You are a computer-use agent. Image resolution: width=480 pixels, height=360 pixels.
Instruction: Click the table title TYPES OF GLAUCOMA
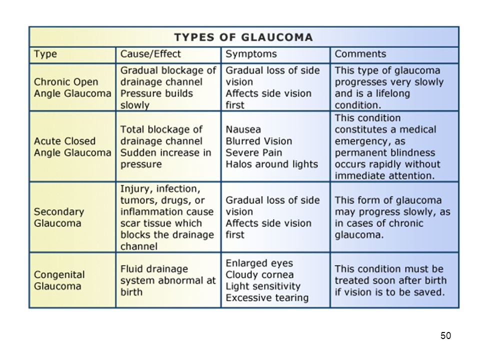tap(243, 37)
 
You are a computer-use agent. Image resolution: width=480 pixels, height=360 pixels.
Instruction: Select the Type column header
tap(45, 54)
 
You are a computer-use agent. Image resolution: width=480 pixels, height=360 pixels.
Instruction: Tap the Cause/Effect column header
tap(150, 54)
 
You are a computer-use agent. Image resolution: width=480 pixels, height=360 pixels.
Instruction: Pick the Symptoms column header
tap(251, 54)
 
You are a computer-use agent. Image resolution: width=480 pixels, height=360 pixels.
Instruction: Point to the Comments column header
tap(360, 54)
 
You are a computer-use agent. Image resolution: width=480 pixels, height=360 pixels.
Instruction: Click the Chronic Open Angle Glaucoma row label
tap(72, 87)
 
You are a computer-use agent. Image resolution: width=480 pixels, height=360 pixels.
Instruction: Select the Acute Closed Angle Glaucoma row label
tap(72, 146)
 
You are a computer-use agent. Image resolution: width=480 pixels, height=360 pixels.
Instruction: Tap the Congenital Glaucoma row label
tap(59, 280)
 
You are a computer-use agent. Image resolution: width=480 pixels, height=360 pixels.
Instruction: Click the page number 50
tap(445, 335)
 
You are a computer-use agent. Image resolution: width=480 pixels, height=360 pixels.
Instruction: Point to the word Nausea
tap(243, 129)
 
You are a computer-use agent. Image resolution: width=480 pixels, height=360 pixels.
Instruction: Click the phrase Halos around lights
tap(271, 164)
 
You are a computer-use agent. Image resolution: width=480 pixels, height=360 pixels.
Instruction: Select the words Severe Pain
tap(254, 152)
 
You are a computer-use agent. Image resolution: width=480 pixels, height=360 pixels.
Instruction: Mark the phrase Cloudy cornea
tap(259, 274)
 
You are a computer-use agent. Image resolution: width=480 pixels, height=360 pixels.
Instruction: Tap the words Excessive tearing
tap(267, 298)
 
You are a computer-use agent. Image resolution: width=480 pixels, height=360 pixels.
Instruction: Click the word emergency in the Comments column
tap(370, 141)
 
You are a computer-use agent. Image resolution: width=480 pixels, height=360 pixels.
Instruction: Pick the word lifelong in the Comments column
tap(393, 93)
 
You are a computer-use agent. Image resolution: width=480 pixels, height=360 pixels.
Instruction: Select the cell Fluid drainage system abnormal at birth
tap(168, 280)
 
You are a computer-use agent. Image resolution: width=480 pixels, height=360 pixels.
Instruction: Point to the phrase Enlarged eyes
tap(259, 263)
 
